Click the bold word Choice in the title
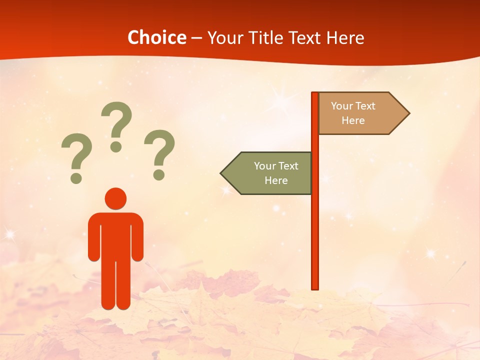156,37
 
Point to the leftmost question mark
76,155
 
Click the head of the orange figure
115,198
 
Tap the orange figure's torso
115,235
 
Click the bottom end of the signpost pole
315,287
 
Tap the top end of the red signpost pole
315,94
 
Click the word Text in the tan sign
365,106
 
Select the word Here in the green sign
276,180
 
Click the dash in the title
196,38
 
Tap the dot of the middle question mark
116,146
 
